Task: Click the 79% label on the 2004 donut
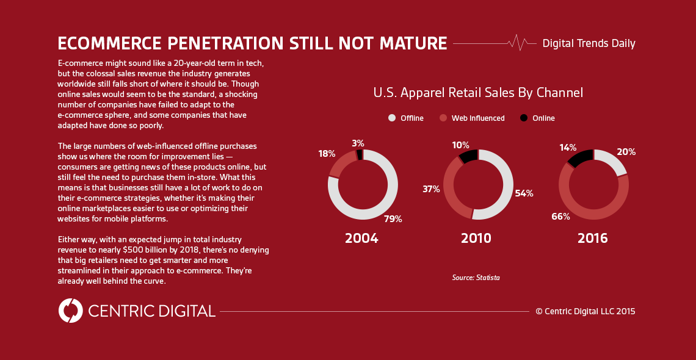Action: (x=393, y=219)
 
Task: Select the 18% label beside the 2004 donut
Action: (x=327, y=154)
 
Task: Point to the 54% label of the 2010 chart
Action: (x=524, y=193)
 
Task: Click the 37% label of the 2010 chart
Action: (x=431, y=189)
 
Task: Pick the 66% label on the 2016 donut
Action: (x=560, y=216)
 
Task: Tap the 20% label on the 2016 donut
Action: (x=626, y=152)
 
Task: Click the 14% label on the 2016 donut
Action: (x=568, y=148)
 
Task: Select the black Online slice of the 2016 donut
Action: (x=581, y=158)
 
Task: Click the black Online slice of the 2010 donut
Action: (x=469, y=156)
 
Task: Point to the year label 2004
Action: (x=361, y=238)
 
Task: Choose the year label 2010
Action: (x=476, y=238)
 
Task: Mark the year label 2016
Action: (x=593, y=238)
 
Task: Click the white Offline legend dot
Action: (x=392, y=118)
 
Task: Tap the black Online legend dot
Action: (x=524, y=118)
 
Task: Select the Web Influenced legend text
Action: (x=478, y=118)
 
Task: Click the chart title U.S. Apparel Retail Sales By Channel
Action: (x=478, y=93)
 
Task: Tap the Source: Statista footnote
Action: (x=476, y=278)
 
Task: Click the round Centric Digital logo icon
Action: (x=71, y=311)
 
